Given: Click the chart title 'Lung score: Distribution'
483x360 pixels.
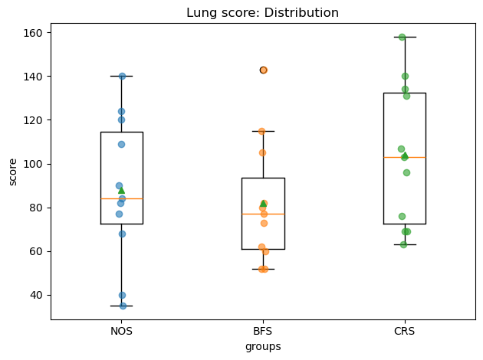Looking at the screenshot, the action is pyautogui.click(x=262, y=12).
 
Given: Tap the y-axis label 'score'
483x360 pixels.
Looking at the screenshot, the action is pyautogui.click(x=12, y=172).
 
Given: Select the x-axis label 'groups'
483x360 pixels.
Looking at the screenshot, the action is pyautogui.click(x=263, y=347).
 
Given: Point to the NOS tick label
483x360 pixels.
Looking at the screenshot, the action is pyautogui.click(x=121, y=331).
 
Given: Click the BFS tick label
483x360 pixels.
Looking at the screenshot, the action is pyautogui.click(x=263, y=331).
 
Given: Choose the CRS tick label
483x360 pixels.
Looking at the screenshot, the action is pyautogui.click(x=405, y=331).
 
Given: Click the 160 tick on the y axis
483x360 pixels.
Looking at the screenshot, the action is pyautogui.click(x=33, y=33).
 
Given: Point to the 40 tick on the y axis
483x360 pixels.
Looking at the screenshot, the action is pyautogui.click(x=36, y=295).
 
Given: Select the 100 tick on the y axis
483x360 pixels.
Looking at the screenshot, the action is pyautogui.click(x=33, y=164).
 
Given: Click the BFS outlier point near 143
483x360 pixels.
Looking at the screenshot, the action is pyautogui.click(x=264, y=70).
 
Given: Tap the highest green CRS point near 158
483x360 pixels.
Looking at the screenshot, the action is pyautogui.click(x=402, y=38).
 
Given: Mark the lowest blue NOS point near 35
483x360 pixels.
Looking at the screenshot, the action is pyautogui.click(x=123, y=306).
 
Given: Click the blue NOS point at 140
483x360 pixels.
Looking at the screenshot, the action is pyautogui.click(x=123, y=77).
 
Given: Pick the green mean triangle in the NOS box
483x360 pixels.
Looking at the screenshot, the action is pyautogui.click(x=121, y=191).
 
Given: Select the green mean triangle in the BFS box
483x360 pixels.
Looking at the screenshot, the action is pyautogui.click(x=264, y=204).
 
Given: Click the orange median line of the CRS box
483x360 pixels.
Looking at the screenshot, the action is pyautogui.click(x=405, y=157).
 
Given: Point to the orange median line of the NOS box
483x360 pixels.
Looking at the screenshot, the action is pyautogui.click(x=122, y=199).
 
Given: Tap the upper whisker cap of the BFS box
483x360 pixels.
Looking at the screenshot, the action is pyautogui.click(x=264, y=132).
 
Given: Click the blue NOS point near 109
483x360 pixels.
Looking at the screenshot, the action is pyautogui.click(x=121, y=144).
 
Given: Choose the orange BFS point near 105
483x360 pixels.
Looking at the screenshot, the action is pyautogui.click(x=262, y=153).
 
